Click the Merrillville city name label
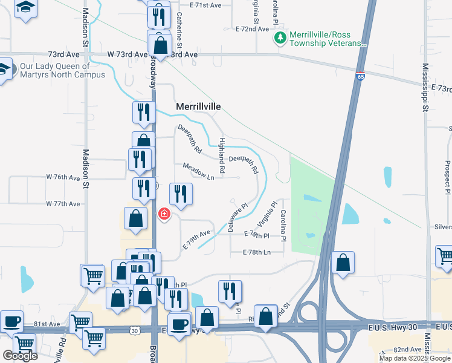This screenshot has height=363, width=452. [198, 106]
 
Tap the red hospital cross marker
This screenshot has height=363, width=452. [164, 214]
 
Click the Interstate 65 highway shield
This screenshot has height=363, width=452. [360, 77]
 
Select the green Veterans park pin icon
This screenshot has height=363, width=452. [280, 39]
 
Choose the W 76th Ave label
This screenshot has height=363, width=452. [63, 178]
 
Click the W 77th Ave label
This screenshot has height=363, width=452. [63, 204]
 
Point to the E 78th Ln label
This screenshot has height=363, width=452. [257, 252]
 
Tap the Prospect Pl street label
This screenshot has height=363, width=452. [447, 172]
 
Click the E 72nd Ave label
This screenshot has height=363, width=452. [252, 29]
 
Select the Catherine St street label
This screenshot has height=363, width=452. [179, 27]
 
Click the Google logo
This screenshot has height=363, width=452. [20, 356]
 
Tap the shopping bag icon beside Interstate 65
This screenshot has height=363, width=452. [343, 263]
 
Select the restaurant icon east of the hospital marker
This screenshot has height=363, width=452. [181, 194]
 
